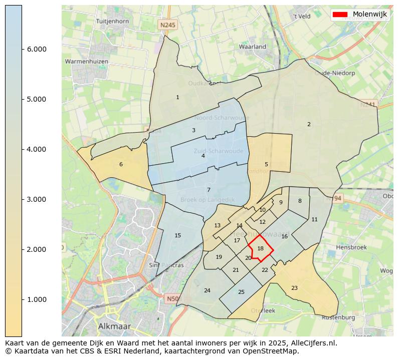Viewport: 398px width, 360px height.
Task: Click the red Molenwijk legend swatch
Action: pos(340,15)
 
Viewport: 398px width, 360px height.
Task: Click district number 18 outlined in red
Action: pos(260,248)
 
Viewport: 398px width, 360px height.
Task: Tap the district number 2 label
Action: pos(309,124)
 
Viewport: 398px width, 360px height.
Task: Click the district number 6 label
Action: pos(121,164)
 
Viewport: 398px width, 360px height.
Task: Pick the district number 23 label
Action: pos(294,288)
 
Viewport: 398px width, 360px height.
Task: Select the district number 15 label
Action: pos(177,235)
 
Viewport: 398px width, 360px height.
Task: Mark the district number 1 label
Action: pos(177,97)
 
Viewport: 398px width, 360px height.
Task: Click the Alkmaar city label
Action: pos(114,326)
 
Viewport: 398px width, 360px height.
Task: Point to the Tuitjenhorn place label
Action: pos(112,22)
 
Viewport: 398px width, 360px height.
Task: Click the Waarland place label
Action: pos(253,47)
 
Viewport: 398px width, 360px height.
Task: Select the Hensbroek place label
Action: pos(351,247)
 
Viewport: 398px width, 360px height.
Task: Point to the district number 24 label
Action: pos(207,290)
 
